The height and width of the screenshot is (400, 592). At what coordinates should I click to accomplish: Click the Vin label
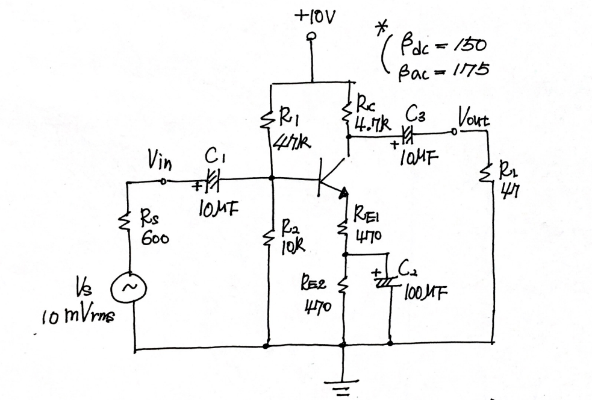160,161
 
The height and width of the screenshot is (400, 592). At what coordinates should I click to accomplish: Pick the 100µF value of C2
426,294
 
